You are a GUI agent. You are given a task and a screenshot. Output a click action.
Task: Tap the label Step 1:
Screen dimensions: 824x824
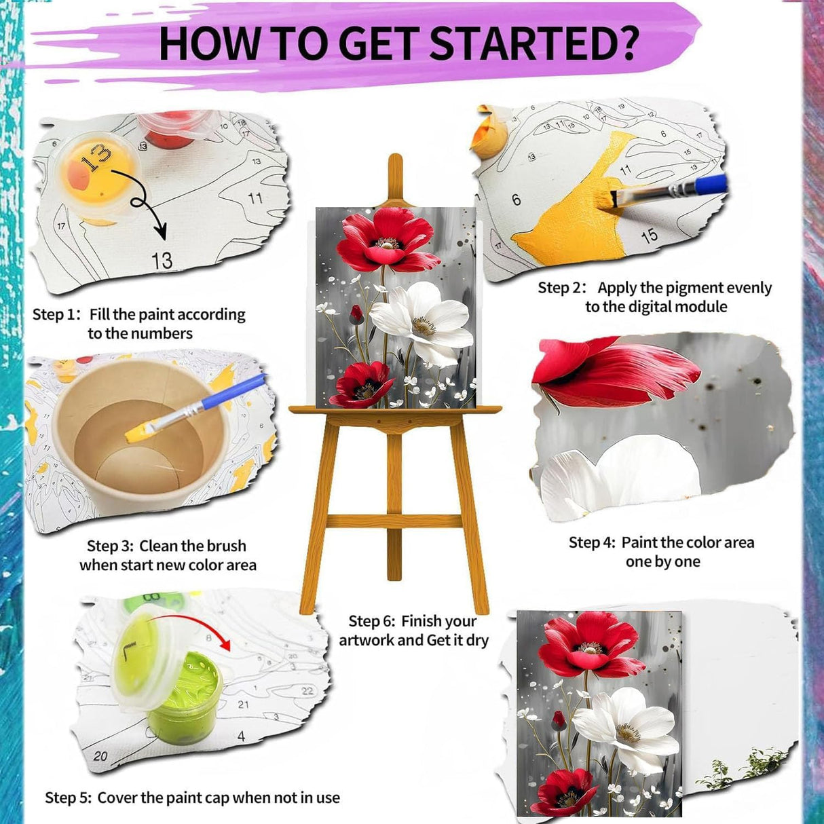(x=56, y=314)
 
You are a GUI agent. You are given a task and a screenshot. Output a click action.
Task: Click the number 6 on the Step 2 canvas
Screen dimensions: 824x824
(x=517, y=199)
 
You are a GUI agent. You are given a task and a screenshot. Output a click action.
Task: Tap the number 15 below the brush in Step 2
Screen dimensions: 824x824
(x=649, y=236)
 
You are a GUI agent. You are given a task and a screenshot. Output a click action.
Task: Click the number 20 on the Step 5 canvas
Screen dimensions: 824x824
(x=100, y=755)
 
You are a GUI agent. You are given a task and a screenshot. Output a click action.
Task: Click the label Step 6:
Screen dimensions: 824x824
(x=372, y=621)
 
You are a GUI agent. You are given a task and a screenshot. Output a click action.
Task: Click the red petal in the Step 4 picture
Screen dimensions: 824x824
(x=611, y=373)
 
